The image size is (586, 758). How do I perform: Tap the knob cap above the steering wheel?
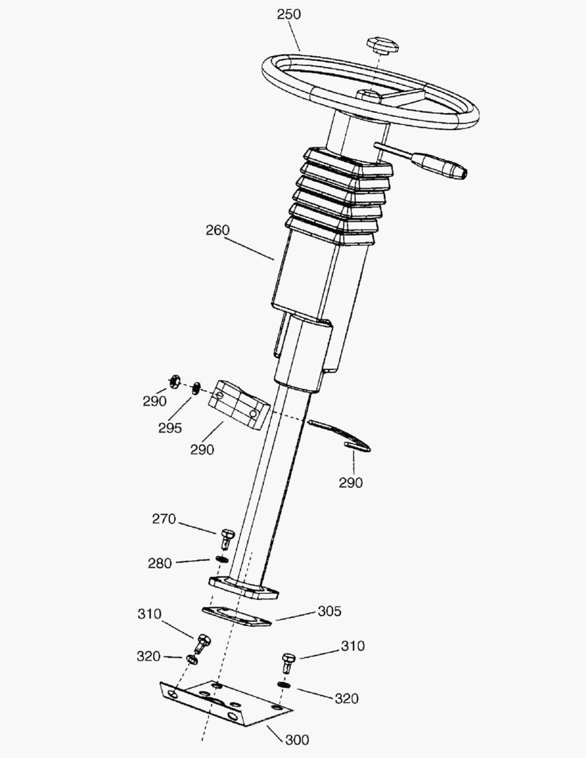pyautogui.click(x=381, y=45)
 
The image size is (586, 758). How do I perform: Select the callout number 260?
pyautogui.click(x=218, y=230)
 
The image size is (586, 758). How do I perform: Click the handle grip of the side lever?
pyautogui.click(x=439, y=166)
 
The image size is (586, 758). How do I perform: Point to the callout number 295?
pyautogui.click(x=170, y=427)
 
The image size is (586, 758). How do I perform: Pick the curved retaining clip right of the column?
pyautogui.click(x=340, y=435)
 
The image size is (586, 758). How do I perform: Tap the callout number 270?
pyautogui.click(x=164, y=519)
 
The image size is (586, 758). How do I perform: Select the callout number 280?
pyautogui.click(x=160, y=563)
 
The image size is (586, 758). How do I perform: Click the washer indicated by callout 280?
pyautogui.click(x=222, y=559)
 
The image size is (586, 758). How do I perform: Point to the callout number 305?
pyautogui.click(x=329, y=611)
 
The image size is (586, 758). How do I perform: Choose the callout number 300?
pyautogui.click(x=297, y=739)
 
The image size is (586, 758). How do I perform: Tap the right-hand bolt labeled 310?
pyautogui.click(x=288, y=661)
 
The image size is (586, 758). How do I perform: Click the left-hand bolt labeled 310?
pyautogui.click(x=204, y=641)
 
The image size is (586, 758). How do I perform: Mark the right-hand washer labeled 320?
pyautogui.click(x=284, y=685)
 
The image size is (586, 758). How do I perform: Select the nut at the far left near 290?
pyautogui.click(x=173, y=382)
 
